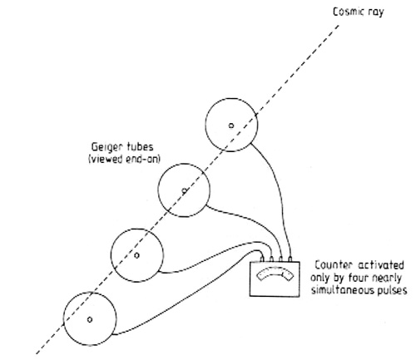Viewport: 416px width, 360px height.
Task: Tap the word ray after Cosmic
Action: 376,12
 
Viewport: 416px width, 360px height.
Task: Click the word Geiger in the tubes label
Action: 106,147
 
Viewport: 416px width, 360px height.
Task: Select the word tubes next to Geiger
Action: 141,146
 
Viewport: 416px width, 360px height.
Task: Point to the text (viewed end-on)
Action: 124,160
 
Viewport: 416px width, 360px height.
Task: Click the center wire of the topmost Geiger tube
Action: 231,126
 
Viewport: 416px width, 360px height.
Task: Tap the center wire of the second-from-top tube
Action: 184,190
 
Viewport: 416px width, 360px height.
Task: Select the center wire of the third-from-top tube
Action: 136,255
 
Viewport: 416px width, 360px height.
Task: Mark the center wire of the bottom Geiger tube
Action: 90,319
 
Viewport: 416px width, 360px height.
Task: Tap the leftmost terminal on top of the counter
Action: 262,259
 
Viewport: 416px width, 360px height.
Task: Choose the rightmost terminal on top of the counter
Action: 290,259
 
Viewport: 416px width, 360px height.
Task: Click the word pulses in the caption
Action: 392,291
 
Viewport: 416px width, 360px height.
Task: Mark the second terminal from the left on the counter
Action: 271,259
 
